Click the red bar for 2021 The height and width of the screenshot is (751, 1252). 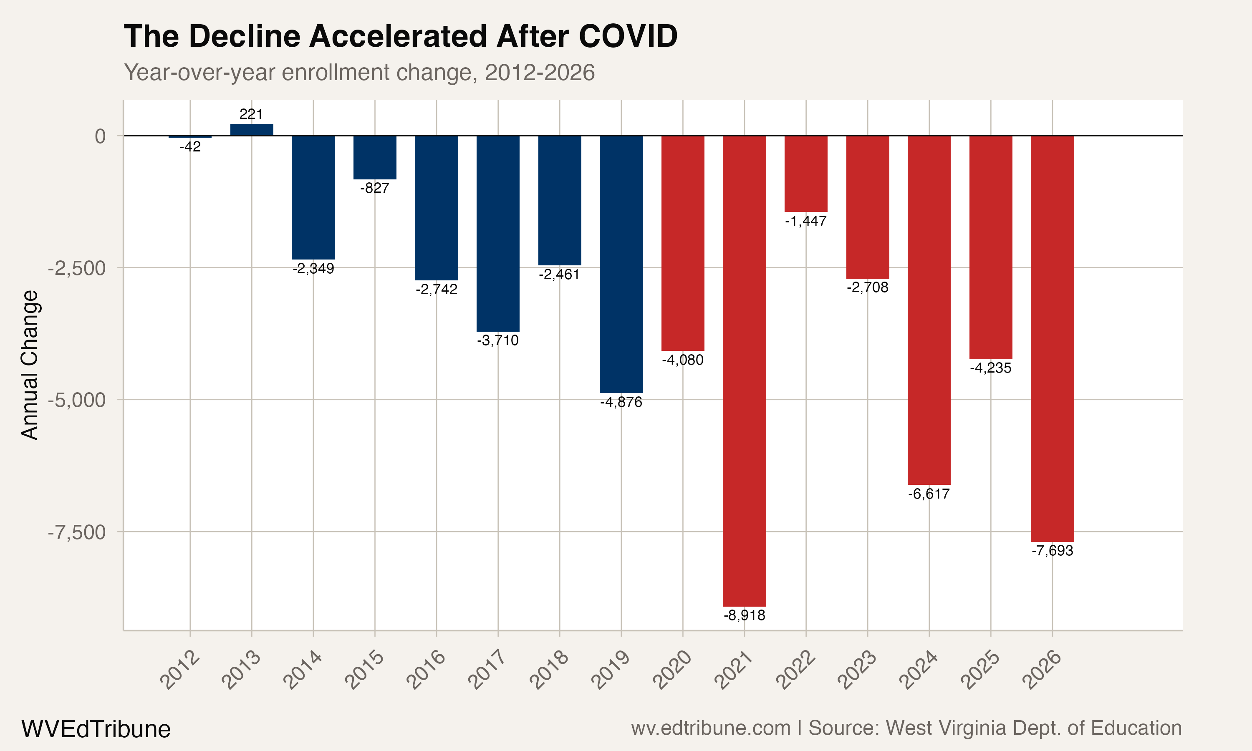click(x=744, y=370)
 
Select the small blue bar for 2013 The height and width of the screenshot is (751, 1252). click(x=252, y=130)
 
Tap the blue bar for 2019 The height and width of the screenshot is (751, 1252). click(x=621, y=264)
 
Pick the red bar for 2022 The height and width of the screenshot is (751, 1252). click(x=805, y=174)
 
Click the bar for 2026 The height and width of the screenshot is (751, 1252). click(x=1052, y=338)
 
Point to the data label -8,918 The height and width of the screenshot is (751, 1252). click(x=744, y=615)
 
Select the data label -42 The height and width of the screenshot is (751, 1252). click(x=190, y=147)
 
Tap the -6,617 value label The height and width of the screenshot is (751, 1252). click(x=929, y=494)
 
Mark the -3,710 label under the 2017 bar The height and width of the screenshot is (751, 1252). click(x=498, y=340)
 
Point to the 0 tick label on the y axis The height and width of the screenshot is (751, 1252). click(x=100, y=136)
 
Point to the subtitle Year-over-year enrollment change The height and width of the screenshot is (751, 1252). click(x=359, y=72)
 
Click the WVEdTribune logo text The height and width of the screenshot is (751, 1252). click(x=96, y=729)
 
